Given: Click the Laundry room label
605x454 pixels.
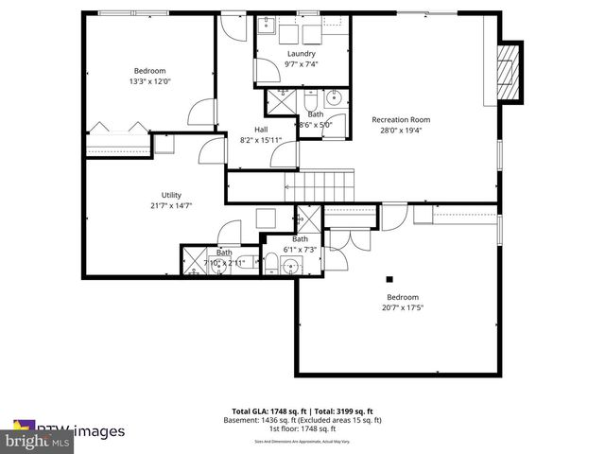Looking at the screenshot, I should click(301, 54).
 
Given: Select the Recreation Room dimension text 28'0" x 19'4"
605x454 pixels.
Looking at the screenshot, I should click(401, 131).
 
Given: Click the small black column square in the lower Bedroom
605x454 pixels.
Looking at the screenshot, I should click(389, 279).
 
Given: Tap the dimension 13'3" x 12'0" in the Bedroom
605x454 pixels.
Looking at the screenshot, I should click(149, 81).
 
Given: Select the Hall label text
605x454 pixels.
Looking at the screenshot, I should click(261, 130).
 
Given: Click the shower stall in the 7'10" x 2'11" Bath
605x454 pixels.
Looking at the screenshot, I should click(195, 259).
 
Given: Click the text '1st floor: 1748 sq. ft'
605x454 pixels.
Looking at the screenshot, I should click(302, 430).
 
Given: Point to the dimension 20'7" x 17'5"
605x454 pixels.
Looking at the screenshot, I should click(402, 307).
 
